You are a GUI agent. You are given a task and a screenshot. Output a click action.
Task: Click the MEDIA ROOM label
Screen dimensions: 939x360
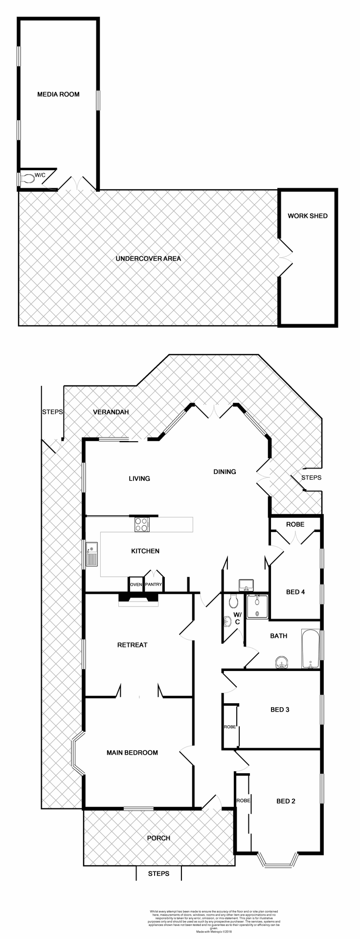tap(58, 94)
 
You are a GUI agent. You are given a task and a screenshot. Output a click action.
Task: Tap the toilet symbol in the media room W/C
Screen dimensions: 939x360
tap(28, 179)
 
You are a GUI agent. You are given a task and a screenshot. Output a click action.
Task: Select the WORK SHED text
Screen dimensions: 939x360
tap(307, 216)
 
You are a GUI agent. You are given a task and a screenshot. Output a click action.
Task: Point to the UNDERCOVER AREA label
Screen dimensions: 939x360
tap(148, 258)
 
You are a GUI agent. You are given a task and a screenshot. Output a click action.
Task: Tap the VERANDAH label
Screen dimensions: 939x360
tap(111, 412)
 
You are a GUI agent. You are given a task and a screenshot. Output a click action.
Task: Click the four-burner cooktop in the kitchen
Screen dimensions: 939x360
tap(142, 524)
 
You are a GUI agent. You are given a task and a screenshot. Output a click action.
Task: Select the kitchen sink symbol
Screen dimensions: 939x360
tap(91, 554)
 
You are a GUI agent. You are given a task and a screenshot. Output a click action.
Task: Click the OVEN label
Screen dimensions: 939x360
tap(135, 584)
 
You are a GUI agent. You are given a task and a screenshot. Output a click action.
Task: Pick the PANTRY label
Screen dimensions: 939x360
tap(153, 584)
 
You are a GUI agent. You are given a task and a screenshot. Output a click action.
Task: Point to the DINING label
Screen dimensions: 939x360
tap(225, 471)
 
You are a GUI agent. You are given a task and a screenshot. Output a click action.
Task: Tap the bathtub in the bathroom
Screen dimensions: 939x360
tap(310, 649)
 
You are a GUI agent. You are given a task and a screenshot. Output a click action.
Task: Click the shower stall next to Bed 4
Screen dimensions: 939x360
tap(257, 606)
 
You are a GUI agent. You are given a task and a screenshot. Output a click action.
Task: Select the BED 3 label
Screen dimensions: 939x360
tap(280, 709)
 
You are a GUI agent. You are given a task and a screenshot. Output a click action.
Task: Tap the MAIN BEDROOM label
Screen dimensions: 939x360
tap(132, 752)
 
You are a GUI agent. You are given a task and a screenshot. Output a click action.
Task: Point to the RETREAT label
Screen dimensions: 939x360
tap(132, 645)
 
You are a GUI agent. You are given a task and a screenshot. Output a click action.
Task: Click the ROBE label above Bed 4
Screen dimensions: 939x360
tap(295, 524)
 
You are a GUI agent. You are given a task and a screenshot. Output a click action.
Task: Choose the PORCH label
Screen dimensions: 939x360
tap(158, 838)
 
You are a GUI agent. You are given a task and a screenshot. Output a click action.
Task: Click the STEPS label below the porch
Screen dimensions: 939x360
tap(158, 873)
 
